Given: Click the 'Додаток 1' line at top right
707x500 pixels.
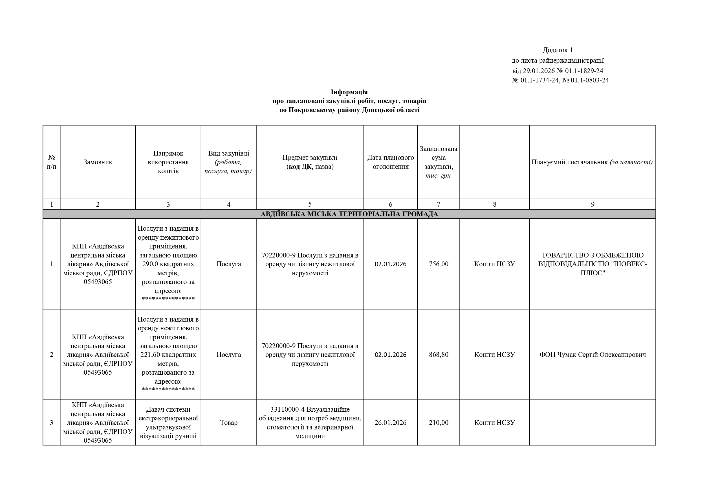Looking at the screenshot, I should tap(557, 50).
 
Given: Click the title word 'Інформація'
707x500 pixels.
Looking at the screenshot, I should tap(349, 92).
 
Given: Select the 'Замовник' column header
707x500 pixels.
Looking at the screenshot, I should tap(98, 162).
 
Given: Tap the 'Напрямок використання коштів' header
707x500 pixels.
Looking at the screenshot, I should tap(168, 162).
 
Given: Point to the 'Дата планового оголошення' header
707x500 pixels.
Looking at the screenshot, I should tap(391, 162).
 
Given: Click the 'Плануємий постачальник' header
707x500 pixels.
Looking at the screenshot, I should tap(592, 162).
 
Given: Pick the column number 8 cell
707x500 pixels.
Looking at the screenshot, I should tap(495, 204).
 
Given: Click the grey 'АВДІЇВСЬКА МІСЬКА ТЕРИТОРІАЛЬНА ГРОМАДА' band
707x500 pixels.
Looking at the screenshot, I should tap(349, 214).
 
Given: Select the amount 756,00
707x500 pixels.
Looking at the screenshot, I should tap(439, 264).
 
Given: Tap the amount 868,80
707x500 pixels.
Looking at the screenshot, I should tap(439, 355).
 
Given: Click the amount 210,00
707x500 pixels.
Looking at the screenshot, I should tap(439, 423).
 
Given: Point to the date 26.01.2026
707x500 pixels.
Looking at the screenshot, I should tap(391, 423).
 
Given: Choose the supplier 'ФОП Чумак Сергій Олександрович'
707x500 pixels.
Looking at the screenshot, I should tap(593, 355).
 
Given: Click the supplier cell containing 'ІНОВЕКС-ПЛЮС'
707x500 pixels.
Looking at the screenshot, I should tap(593, 264).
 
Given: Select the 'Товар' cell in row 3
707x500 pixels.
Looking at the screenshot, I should tap(228, 423).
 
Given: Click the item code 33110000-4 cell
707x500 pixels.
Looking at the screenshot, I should tap(310, 423).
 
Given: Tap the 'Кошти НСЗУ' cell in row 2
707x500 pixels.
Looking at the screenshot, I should tap(495, 355).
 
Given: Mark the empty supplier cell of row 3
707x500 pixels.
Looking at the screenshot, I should tap(593, 423).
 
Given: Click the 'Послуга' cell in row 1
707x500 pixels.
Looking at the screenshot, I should tap(228, 264).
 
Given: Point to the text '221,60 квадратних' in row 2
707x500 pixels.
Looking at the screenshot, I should tap(168, 355).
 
